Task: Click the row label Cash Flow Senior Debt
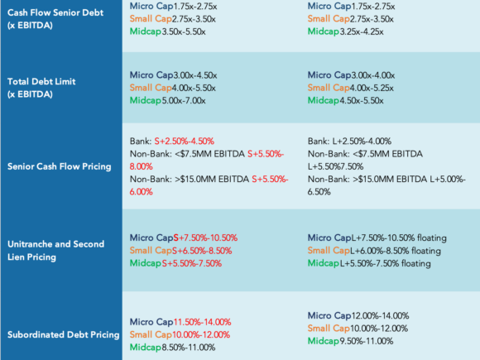tap(55, 19)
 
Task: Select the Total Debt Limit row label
tap(41, 88)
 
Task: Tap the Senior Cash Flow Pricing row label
tap(60, 166)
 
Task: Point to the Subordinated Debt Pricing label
tap(64, 334)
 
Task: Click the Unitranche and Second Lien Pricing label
tap(55, 251)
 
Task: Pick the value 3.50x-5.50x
tap(184, 31)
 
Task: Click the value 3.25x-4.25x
tap(362, 31)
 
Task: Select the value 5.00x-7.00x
tap(184, 100)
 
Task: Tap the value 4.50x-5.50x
tap(362, 100)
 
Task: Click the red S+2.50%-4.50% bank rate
tap(185, 142)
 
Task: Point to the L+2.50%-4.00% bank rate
tap(362, 142)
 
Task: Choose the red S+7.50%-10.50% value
tap(205, 238)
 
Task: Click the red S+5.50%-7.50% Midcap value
tap(192, 263)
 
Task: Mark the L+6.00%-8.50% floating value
tap(396, 251)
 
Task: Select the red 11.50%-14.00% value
tap(203, 322)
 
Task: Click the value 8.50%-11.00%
tap(189, 347)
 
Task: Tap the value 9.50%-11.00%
tap(367, 341)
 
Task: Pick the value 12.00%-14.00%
tap(380, 315)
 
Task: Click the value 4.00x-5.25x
tap(372, 88)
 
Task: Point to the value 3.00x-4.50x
tap(195, 75)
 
